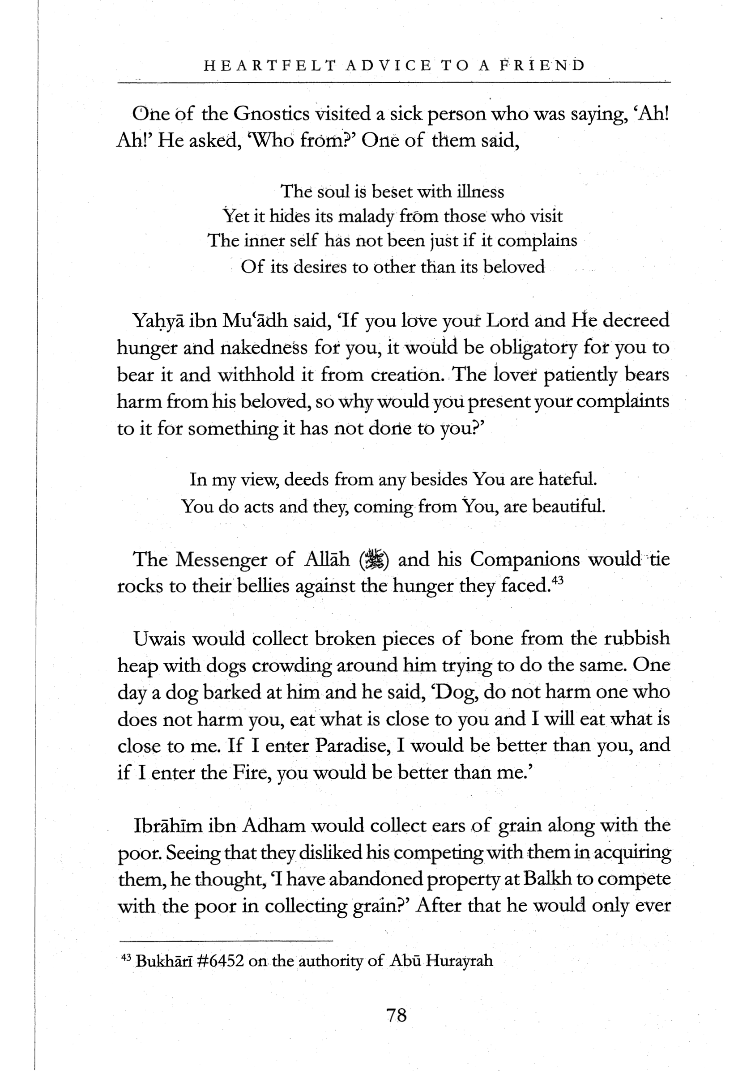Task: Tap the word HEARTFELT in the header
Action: [x=270, y=65]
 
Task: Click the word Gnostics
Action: [x=272, y=114]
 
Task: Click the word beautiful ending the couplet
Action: [x=572, y=506]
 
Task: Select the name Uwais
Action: [x=160, y=639]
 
